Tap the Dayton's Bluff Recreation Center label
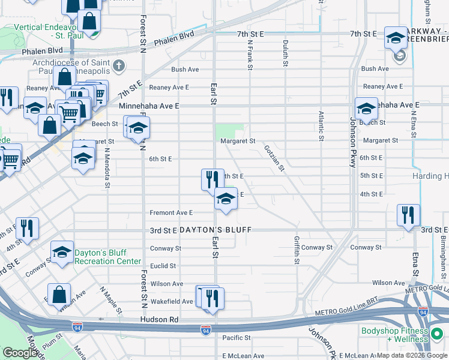tap(107, 257)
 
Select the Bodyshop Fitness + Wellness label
tap(395, 335)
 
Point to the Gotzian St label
tap(274, 157)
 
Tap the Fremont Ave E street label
tap(171, 212)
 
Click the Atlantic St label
tap(322, 125)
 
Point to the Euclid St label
tap(163, 266)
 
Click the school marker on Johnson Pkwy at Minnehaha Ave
tap(366, 109)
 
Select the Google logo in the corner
tap(20, 353)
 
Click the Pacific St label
tap(232, 338)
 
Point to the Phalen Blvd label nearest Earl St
tap(174, 40)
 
